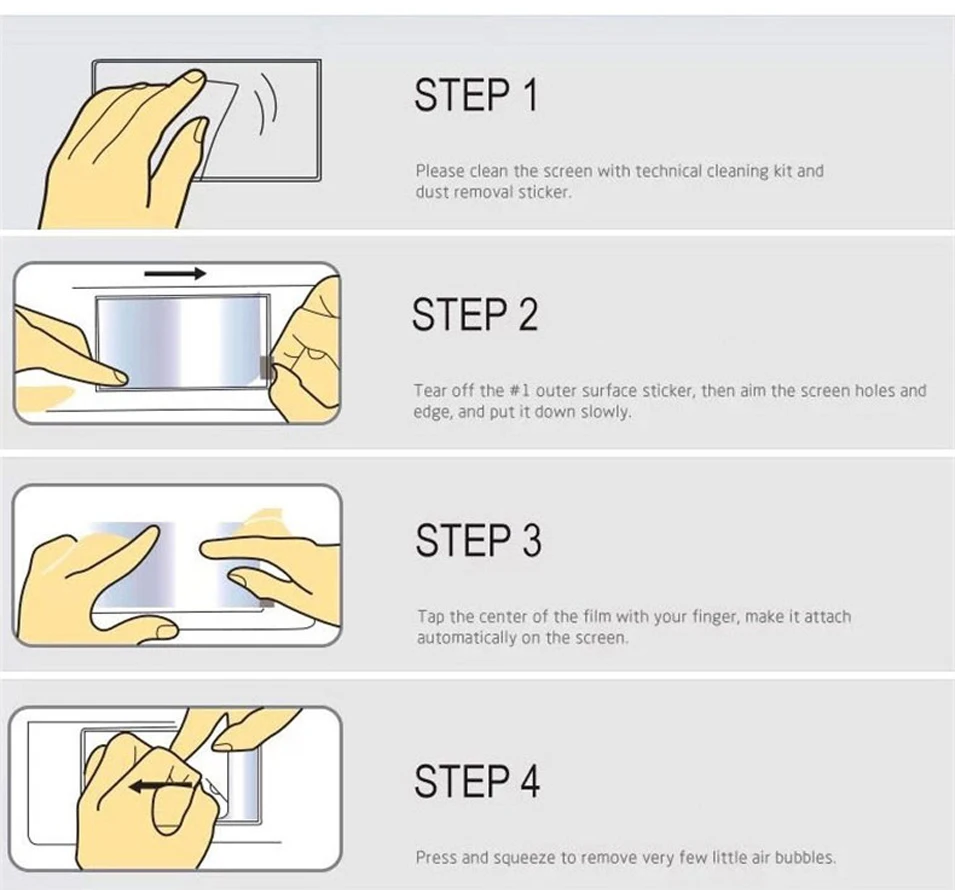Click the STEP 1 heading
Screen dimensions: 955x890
point(476,94)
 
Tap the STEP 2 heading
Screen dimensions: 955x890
point(475,314)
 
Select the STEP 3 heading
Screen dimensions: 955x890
point(478,540)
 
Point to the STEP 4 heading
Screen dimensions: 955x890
point(477,781)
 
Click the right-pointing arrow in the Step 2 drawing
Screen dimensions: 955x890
point(175,274)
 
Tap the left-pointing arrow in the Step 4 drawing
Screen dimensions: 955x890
point(161,786)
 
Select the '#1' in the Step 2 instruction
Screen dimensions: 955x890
point(520,390)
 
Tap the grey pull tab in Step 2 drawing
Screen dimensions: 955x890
point(265,367)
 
